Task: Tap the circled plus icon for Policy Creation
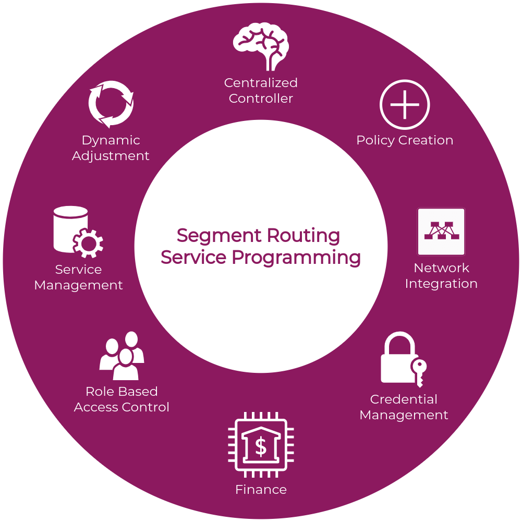tap(405, 104)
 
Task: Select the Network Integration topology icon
tap(441, 232)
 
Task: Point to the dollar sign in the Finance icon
tap(261, 446)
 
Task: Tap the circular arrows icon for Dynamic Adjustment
tap(111, 104)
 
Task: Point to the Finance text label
tap(261, 490)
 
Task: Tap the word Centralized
tap(261, 83)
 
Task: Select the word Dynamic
tap(111, 140)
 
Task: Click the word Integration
tap(441, 284)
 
